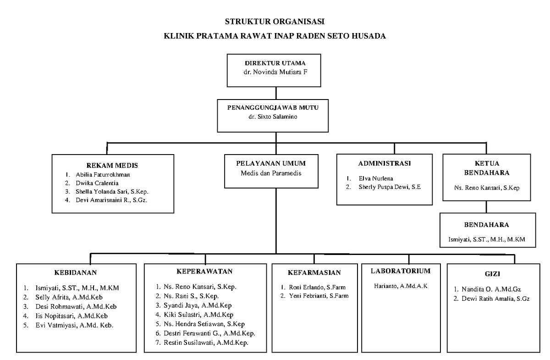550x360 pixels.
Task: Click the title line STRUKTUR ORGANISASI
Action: pos(275,22)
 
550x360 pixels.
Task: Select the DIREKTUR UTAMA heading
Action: pos(275,63)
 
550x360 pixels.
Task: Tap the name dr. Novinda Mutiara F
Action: pos(275,72)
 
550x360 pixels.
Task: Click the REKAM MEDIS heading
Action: pos(112,165)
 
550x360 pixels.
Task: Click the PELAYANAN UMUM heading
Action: pos(271,163)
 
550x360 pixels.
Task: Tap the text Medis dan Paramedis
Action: pos(271,173)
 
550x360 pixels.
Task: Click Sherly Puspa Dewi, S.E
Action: pos(389,187)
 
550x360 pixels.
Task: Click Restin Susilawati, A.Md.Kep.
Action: pos(206,343)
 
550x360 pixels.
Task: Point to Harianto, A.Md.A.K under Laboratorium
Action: pos(401,286)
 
